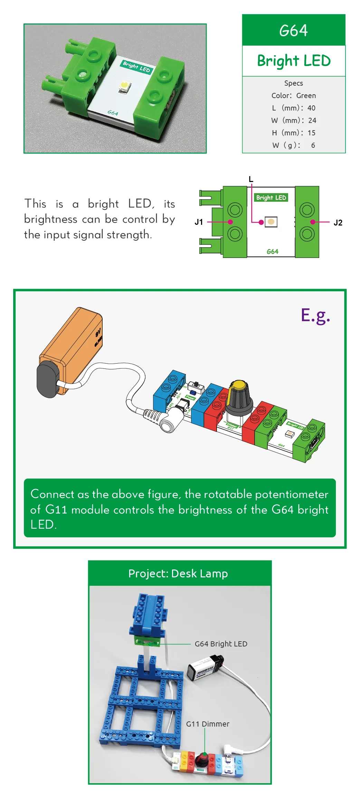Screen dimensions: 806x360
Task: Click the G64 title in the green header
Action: click(x=293, y=30)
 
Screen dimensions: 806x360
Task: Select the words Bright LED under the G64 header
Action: click(x=294, y=61)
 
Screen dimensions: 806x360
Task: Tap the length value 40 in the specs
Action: click(x=311, y=108)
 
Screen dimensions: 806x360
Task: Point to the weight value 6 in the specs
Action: click(x=313, y=145)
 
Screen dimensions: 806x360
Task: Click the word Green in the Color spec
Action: click(x=306, y=96)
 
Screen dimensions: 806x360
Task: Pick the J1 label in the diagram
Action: click(x=199, y=222)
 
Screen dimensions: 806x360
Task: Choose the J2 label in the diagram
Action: click(x=338, y=223)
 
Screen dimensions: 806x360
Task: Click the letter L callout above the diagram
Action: click(x=251, y=179)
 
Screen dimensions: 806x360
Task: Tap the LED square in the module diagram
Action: click(x=271, y=222)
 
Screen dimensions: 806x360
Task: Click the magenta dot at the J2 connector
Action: click(x=313, y=222)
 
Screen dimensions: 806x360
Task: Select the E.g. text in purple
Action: click(x=315, y=315)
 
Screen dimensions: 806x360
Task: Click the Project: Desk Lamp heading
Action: click(x=178, y=574)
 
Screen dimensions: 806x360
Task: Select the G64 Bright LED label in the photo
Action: click(x=221, y=644)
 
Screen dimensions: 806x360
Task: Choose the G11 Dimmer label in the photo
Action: click(x=208, y=724)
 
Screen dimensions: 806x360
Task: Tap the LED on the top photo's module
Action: click(x=123, y=85)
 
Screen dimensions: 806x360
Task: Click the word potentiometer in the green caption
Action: click(x=291, y=494)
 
